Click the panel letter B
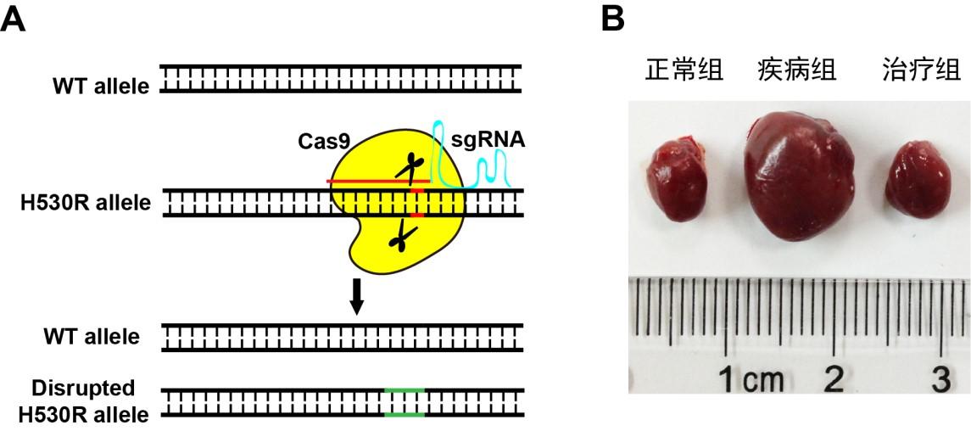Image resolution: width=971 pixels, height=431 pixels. pyautogui.click(x=612, y=18)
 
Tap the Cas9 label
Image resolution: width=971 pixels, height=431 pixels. pyautogui.click(x=323, y=141)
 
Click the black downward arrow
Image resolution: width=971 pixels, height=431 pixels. pyautogui.click(x=357, y=294)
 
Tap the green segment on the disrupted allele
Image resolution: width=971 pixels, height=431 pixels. pyautogui.click(x=405, y=402)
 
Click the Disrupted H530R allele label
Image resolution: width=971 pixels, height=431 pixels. pyautogui.click(x=83, y=401)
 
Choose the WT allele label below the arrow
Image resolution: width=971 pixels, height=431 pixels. pyautogui.click(x=92, y=336)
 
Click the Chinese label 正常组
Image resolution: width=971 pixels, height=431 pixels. pyautogui.click(x=684, y=70)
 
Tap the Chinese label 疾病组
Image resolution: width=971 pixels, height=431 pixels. pyautogui.click(x=796, y=70)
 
